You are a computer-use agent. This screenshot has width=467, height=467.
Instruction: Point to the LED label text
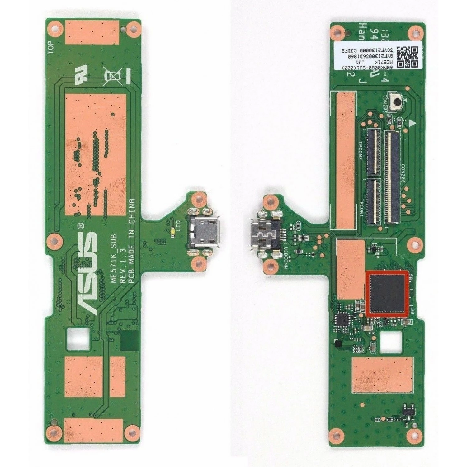pos(178,224)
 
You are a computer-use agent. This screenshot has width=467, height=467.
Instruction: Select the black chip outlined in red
pos(387,293)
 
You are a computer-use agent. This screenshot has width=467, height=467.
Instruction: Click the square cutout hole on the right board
pos(387,341)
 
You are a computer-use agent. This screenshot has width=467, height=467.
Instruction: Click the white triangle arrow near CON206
pos(412,123)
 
